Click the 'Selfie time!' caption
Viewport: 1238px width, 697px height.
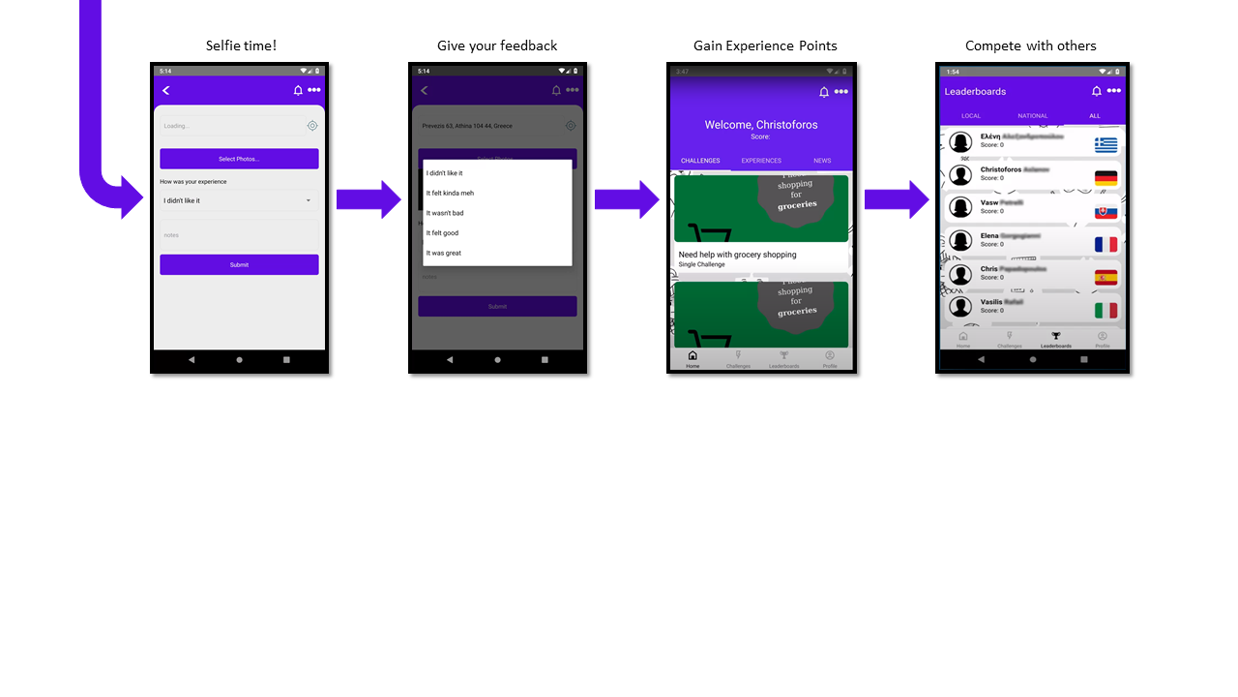(x=241, y=45)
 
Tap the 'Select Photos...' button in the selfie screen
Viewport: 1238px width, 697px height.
(x=239, y=159)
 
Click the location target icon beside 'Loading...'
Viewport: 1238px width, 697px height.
(x=312, y=126)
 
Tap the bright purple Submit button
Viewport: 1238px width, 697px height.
(x=239, y=264)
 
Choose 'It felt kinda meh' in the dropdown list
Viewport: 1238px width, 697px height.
(x=451, y=193)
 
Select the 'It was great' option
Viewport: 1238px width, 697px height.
(x=444, y=253)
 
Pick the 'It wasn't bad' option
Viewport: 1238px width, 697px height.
(x=445, y=213)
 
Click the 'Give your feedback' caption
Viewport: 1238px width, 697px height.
(x=497, y=45)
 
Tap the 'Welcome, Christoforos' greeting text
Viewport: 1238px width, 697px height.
(x=761, y=125)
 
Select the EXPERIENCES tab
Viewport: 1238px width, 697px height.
(x=761, y=161)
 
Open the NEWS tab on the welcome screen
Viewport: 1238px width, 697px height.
(x=822, y=161)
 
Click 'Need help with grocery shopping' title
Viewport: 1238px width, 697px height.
(x=737, y=255)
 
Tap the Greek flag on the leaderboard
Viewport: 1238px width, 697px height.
(x=1105, y=144)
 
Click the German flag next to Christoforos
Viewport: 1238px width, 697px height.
(x=1105, y=178)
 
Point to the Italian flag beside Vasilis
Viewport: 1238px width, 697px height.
(x=1105, y=310)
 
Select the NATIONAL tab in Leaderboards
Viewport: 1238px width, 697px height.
(x=1032, y=116)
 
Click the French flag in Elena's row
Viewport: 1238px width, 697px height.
(x=1105, y=245)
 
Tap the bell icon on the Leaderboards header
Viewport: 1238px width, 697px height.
(x=1096, y=91)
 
